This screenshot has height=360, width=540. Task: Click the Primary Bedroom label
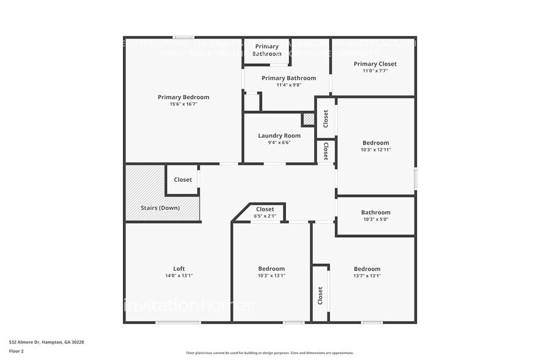[x=183, y=97]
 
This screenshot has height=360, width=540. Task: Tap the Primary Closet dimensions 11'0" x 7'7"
[x=375, y=71]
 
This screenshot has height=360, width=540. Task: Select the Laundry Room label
[x=279, y=135]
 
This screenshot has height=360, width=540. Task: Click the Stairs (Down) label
[x=160, y=208]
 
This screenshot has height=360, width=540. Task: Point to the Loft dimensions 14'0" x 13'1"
[x=179, y=276]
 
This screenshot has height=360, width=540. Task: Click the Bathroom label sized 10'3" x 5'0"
[x=375, y=212]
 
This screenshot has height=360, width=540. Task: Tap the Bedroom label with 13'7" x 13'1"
[x=367, y=269]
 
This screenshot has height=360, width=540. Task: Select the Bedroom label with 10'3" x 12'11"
[x=375, y=143]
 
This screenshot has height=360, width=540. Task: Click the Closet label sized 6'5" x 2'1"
[x=265, y=209]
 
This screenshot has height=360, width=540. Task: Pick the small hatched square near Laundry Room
[x=309, y=119]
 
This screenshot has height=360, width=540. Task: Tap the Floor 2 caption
[x=16, y=351]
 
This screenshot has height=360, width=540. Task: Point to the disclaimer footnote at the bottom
[x=269, y=353]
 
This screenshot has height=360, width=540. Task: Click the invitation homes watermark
[x=189, y=304]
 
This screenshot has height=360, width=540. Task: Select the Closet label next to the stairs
[x=183, y=180]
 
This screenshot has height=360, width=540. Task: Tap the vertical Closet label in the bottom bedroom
[x=320, y=295]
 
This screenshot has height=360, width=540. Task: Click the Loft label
[x=179, y=268]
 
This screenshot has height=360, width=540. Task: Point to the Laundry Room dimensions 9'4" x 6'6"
[x=279, y=142]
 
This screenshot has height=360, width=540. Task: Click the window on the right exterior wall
[x=416, y=178]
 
